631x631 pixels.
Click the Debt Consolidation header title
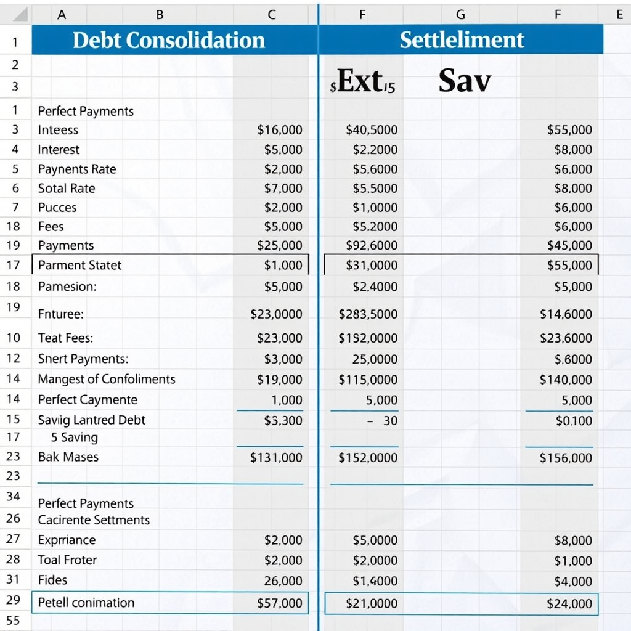168,40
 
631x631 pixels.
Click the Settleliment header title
462,40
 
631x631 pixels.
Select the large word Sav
465,81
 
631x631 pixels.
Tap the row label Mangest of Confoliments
107,379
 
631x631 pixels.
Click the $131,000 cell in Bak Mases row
276,457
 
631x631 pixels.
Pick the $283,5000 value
368,314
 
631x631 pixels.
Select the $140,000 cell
566,380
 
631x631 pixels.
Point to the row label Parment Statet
79,266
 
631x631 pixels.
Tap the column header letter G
460,15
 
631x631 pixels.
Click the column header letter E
619,15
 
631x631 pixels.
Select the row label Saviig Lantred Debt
91,420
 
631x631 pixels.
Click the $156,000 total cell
566,458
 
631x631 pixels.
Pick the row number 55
13,621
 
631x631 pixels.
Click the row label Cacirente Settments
94,520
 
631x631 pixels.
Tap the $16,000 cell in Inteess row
280,130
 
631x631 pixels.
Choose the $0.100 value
574,421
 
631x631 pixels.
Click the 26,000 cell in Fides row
283,580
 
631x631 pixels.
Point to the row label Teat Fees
65,338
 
